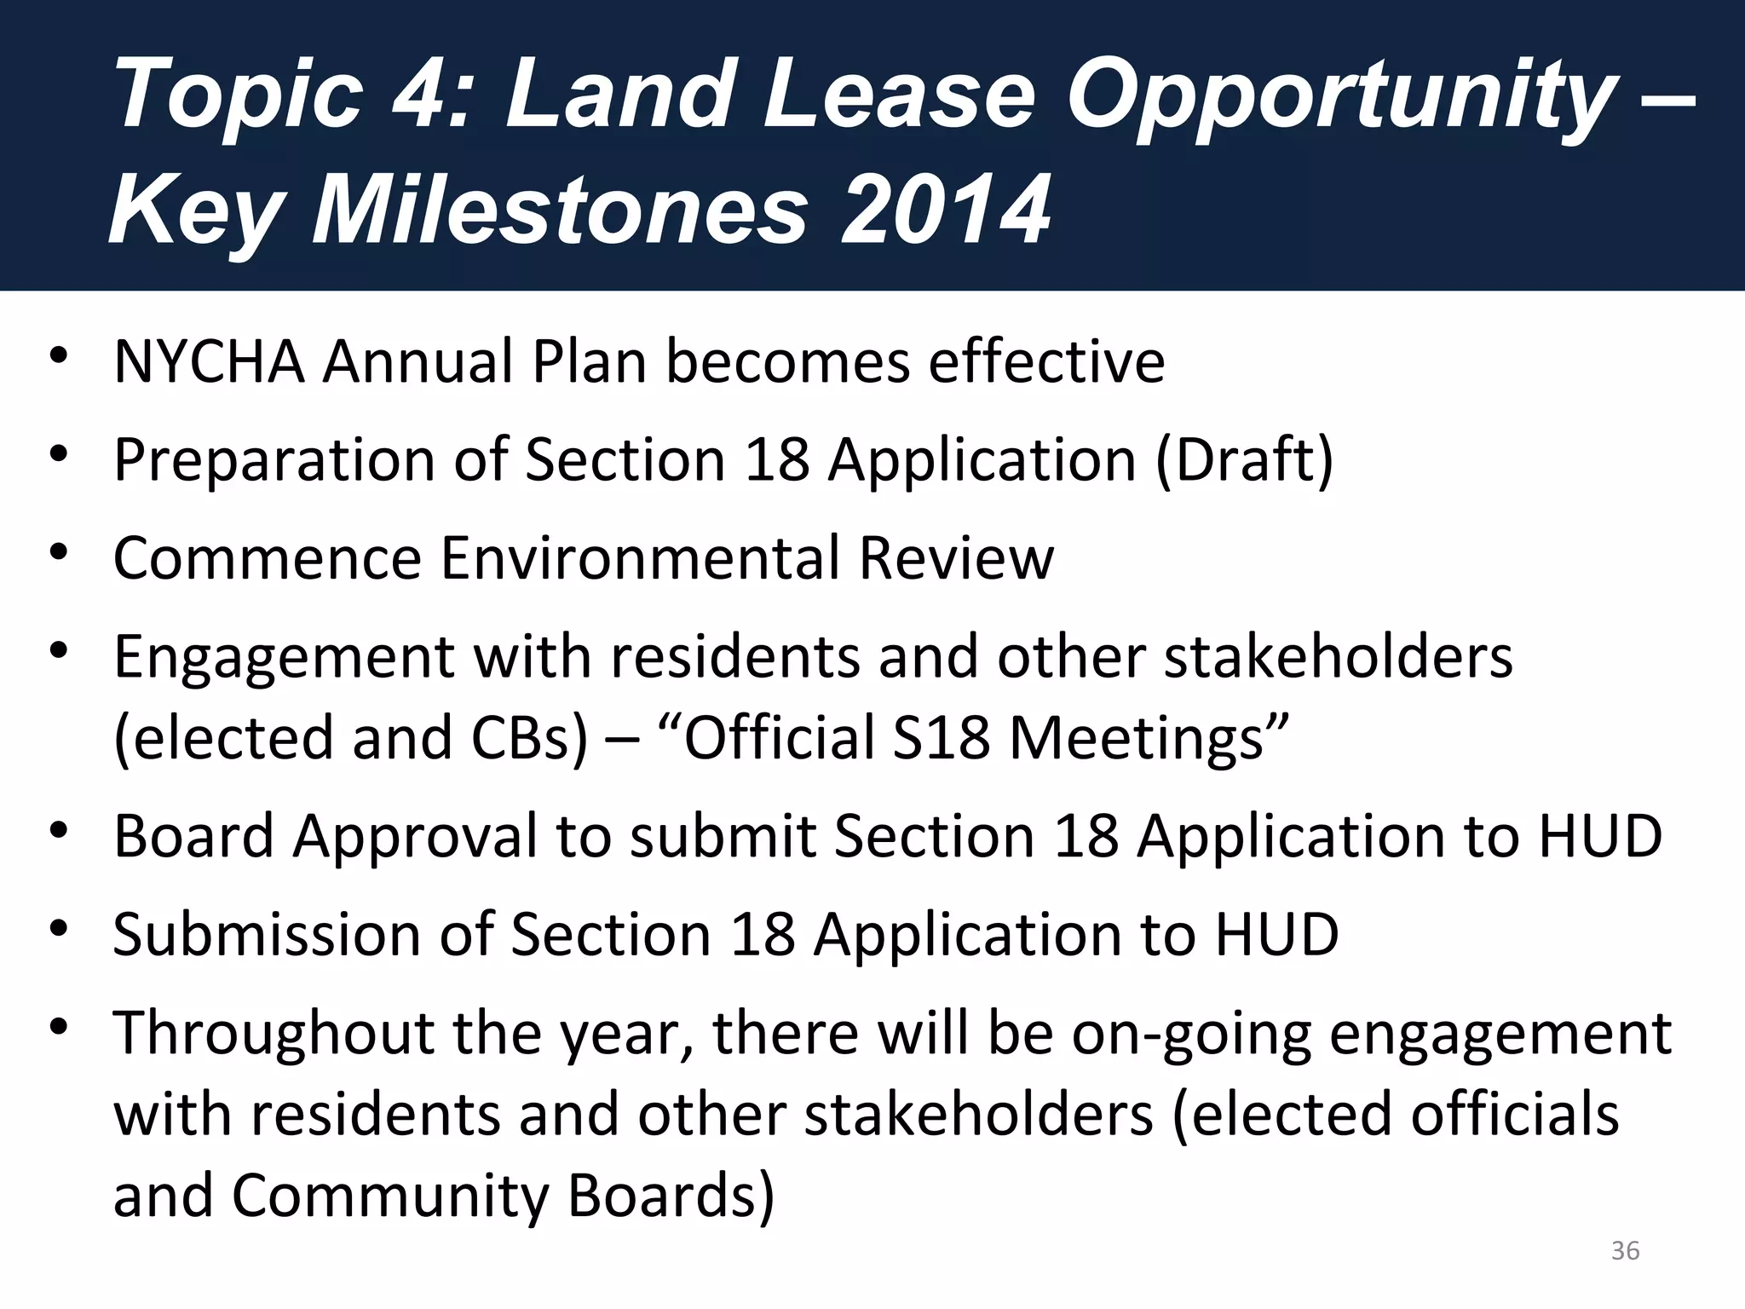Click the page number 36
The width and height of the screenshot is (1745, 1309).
coord(1625,1250)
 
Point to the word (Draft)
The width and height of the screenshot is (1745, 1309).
coord(1243,460)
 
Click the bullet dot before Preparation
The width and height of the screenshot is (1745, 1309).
coord(58,453)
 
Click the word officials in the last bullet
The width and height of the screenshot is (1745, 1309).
coord(1514,1114)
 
